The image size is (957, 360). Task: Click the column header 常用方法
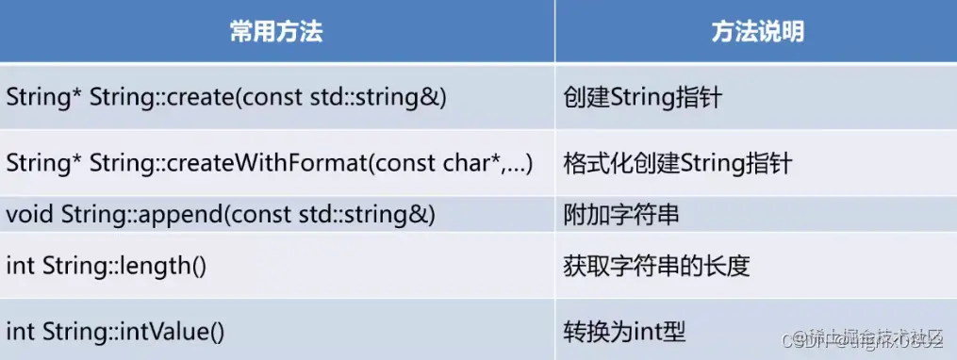tap(276, 32)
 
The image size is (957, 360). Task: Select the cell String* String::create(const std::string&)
tap(226, 96)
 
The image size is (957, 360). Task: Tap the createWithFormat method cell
tap(269, 163)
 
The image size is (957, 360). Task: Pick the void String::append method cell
tap(221, 215)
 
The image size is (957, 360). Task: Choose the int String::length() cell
tap(106, 266)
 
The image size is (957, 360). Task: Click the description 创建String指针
tap(642, 96)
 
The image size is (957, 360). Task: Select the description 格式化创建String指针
tap(677, 163)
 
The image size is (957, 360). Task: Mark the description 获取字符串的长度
tap(655, 266)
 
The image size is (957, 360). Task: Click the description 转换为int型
tap(623, 331)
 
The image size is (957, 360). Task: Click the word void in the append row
tap(29, 215)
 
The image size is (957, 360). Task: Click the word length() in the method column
tap(170, 266)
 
